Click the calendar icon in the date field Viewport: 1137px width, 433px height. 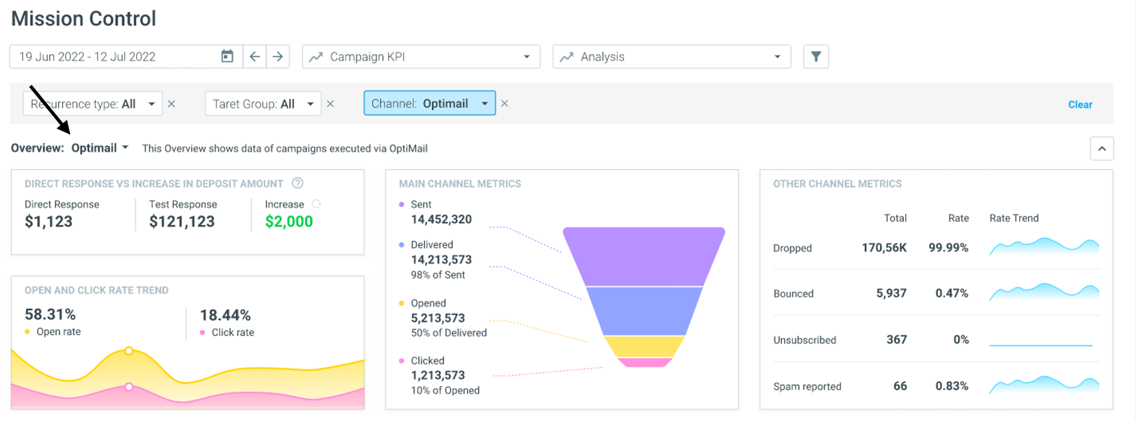(x=227, y=56)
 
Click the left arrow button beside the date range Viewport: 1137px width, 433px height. (x=255, y=56)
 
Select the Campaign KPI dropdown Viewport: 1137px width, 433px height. (x=421, y=56)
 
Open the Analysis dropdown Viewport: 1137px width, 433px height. (x=671, y=56)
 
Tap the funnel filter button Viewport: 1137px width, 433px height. (x=816, y=56)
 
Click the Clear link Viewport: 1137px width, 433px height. (x=1080, y=104)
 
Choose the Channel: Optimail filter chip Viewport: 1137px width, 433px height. (x=430, y=104)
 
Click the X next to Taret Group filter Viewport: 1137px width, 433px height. (x=331, y=104)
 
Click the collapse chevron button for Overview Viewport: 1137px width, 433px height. (x=1102, y=149)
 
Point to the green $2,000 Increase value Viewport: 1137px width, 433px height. (x=289, y=221)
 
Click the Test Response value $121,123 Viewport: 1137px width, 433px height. (x=182, y=221)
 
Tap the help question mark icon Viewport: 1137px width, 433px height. (x=298, y=183)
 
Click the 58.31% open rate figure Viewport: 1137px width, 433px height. (x=50, y=315)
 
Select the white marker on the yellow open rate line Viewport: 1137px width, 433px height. (x=129, y=351)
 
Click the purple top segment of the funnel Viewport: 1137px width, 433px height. (x=643, y=257)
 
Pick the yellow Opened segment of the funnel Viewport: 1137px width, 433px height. (x=643, y=347)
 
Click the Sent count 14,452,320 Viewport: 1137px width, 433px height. (x=441, y=219)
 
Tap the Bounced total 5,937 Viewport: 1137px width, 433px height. (x=891, y=293)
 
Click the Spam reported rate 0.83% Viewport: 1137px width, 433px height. (x=952, y=386)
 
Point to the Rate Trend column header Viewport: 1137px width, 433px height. (x=1014, y=219)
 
